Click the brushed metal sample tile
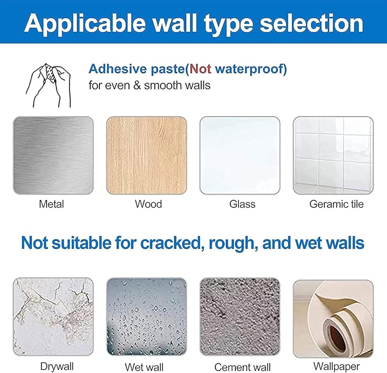click(x=53, y=155)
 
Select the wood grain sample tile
click(x=147, y=155)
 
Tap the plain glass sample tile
click(x=240, y=155)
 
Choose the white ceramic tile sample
click(x=333, y=155)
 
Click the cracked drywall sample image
click(x=53, y=317)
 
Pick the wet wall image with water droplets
click(x=147, y=317)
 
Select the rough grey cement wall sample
click(x=240, y=317)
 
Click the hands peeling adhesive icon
click(x=48, y=85)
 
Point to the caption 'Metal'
click(x=51, y=204)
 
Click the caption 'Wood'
click(x=148, y=204)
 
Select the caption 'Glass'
click(x=242, y=204)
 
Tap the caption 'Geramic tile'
click(x=336, y=204)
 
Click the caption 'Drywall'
click(x=57, y=366)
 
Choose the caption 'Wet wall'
click(x=144, y=367)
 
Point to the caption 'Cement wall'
click(x=242, y=367)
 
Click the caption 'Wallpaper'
click(x=336, y=366)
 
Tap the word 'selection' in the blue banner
click(x=312, y=23)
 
